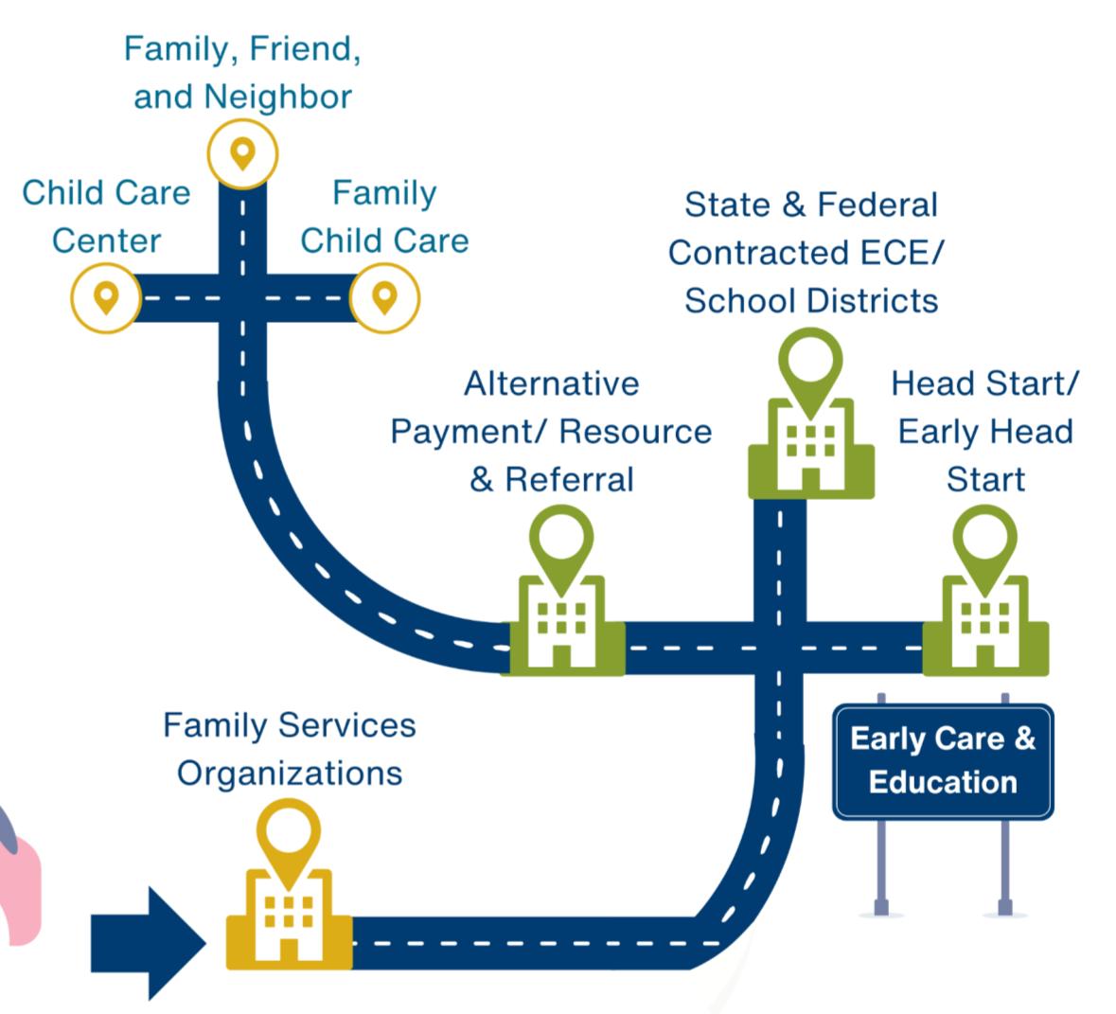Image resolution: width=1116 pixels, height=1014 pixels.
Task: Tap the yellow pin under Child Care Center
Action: pyautogui.click(x=106, y=298)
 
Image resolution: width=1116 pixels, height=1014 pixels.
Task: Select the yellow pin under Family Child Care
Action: pyautogui.click(x=384, y=297)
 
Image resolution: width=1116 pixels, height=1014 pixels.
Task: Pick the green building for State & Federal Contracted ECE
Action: pyautogui.click(x=810, y=440)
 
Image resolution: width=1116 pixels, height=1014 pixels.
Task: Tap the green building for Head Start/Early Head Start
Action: pyautogui.click(x=984, y=620)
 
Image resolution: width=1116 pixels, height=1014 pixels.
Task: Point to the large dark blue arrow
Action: pyautogui.click(x=147, y=942)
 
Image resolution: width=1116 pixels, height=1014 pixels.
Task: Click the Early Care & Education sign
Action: pyautogui.click(x=943, y=760)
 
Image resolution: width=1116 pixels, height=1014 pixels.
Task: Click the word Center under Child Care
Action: pyautogui.click(x=106, y=240)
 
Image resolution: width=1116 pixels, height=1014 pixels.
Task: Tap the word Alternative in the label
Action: pyautogui.click(x=551, y=383)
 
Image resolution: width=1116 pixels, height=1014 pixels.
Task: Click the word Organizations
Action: pyautogui.click(x=290, y=773)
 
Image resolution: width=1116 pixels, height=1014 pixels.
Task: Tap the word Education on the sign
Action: pyautogui.click(x=943, y=782)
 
